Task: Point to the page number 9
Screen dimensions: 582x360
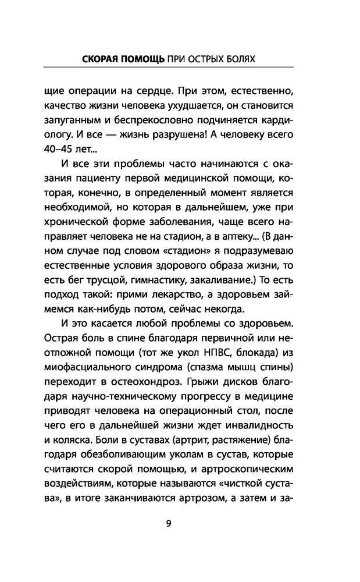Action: [168, 522]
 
